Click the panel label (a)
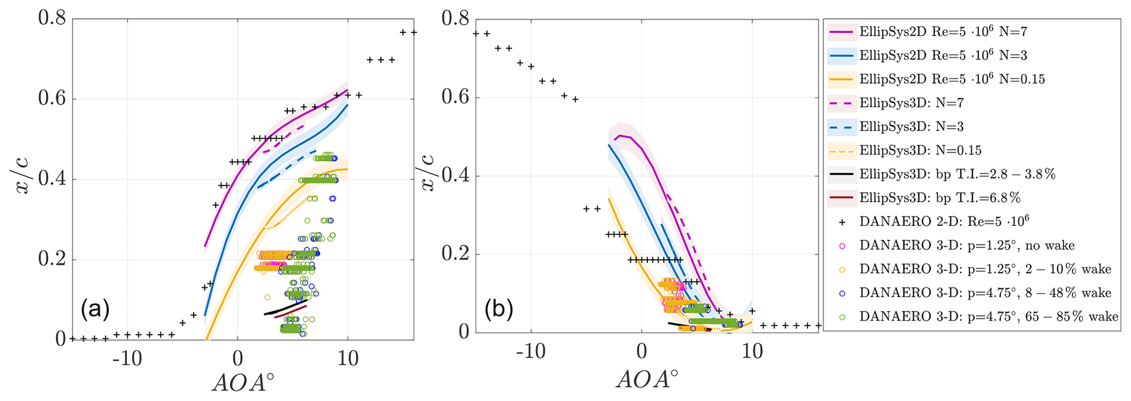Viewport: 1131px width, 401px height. pyautogui.click(x=95, y=310)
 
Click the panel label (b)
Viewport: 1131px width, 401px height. pyautogui.click(x=498, y=310)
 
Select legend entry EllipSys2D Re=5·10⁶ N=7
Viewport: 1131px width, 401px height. pyautogui.click(x=943, y=32)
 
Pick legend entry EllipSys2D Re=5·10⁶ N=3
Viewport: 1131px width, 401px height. pyautogui.click(x=943, y=55)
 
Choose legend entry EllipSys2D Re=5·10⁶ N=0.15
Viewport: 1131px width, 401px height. pyautogui.click(x=952, y=79)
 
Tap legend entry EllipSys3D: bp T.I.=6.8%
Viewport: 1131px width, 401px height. pyautogui.click(x=939, y=198)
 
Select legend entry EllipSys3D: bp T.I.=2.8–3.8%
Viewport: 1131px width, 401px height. pyautogui.click(x=957, y=174)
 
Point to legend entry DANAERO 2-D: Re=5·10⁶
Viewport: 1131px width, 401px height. pyautogui.click(x=944, y=221)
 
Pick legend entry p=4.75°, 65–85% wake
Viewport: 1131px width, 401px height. pyautogui.click(x=988, y=316)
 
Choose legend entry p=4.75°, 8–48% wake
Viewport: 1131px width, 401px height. pyautogui.click(x=985, y=293)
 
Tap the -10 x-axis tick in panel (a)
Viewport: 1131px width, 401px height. pyautogui.click(x=127, y=359)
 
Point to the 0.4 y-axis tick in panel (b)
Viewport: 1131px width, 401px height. pyautogui.click(x=456, y=176)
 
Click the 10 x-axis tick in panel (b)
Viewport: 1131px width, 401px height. pyautogui.click(x=752, y=351)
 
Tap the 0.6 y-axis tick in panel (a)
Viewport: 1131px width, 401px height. pyautogui.click(x=52, y=99)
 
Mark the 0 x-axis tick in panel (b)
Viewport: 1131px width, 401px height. pyautogui.click(x=641, y=351)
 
